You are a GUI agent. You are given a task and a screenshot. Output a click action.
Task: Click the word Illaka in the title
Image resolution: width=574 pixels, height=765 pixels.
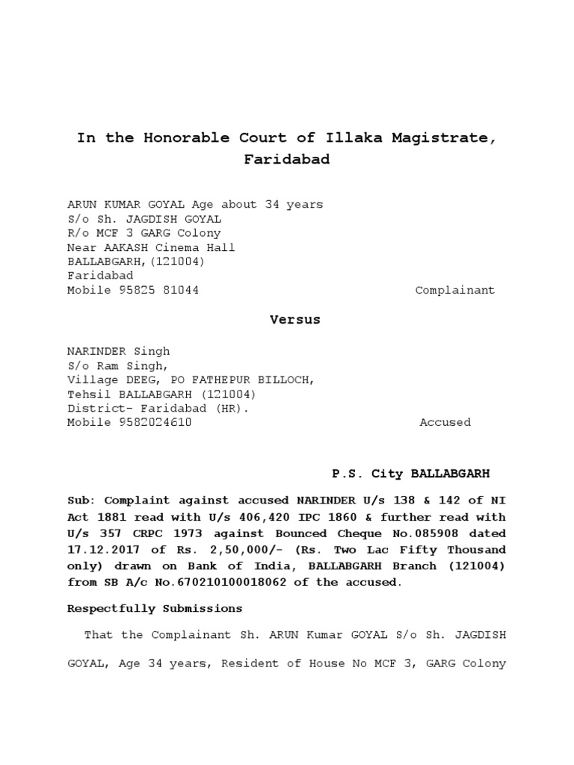tap(353, 138)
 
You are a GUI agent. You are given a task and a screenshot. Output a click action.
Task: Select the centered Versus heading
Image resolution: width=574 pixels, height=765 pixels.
tap(294, 320)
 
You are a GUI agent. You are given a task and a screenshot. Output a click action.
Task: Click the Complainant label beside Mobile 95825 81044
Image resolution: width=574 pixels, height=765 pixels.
tap(454, 290)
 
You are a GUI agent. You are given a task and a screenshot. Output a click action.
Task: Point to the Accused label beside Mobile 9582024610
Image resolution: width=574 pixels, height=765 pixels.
tap(445, 422)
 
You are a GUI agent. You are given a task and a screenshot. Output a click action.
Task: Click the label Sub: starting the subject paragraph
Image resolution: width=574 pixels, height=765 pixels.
tap(82, 501)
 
